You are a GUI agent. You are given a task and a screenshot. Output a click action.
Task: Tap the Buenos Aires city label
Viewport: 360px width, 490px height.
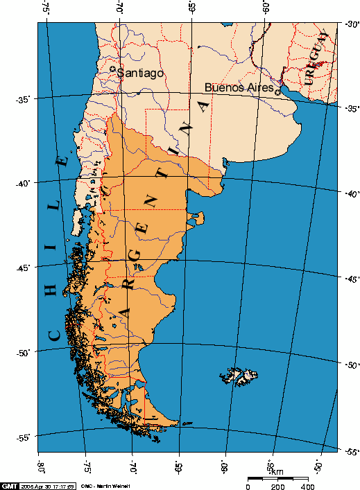pyautogui.click(x=238, y=88)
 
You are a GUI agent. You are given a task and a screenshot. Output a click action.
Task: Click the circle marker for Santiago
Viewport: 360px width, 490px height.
pyautogui.click(x=113, y=69)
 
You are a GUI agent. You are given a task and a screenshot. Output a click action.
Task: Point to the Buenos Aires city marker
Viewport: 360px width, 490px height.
pyautogui.click(x=277, y=91)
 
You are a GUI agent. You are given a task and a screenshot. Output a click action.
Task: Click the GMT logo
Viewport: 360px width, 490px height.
pyautogui.click(x=10, y=485)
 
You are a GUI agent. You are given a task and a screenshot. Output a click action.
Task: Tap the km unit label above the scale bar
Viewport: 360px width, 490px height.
pyautogui.click(x=277, y=472)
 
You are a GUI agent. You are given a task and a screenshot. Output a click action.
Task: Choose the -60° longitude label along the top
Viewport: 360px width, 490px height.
pyautogui.click(x=264, y=10)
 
